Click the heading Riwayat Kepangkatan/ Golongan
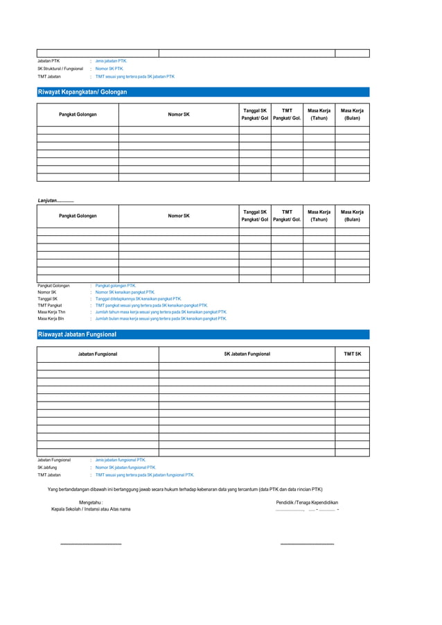[82, 92]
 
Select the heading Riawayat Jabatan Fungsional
[77, 334]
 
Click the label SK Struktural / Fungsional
[60, 69]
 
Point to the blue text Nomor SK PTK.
[109, 69]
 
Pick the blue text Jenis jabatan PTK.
[111, 61]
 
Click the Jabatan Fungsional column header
[98, 354]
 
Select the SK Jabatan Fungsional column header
[247, 354]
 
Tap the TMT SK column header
[353, 354]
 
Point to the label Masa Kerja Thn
[51, 312]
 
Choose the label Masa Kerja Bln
[51, 319]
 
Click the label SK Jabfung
[47, 468]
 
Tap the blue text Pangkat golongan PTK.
[116, 285]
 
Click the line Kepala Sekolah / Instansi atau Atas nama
[91, 509]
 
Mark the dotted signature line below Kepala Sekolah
[91, 545]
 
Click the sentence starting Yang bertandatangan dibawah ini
[185, 489]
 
